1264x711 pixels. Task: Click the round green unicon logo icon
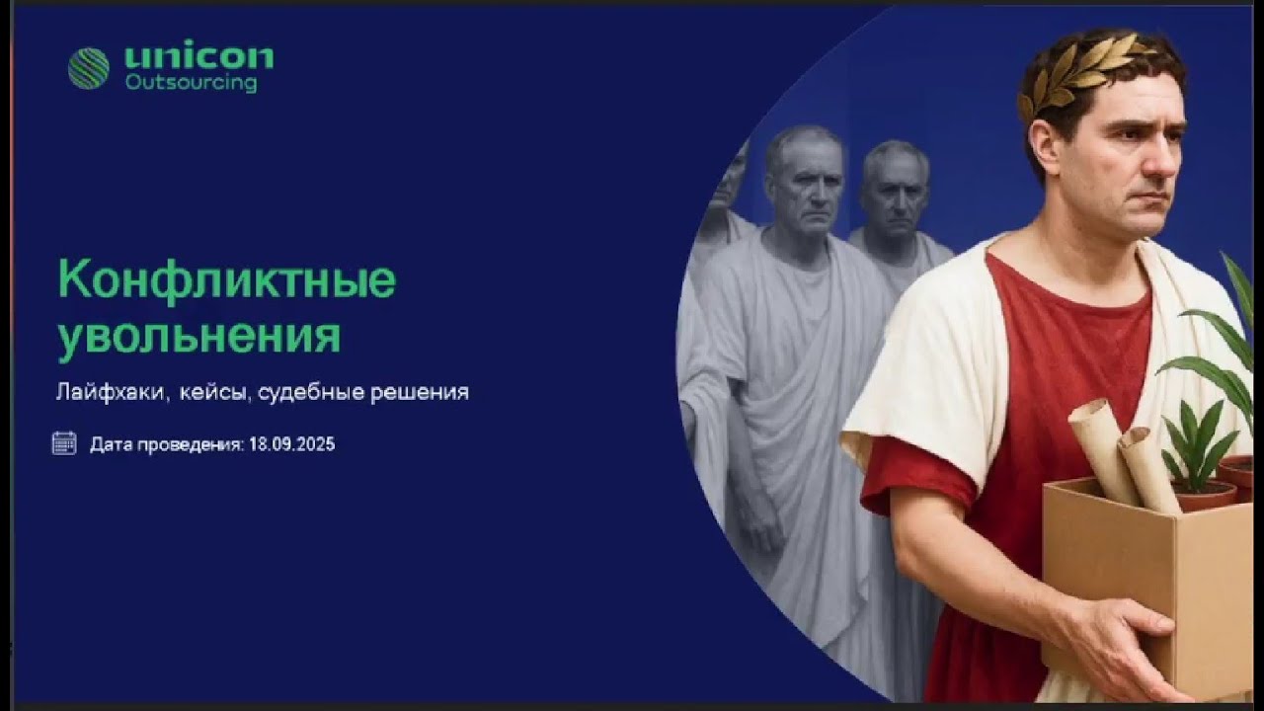[88, 68]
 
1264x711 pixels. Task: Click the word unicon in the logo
[198, 57]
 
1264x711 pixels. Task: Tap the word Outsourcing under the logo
[191, 84]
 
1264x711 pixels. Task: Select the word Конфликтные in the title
[227, 280]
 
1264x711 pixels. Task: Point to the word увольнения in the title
[199, 335]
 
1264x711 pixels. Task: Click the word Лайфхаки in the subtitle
[112, 392]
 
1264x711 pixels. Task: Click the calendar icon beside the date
[64, 443]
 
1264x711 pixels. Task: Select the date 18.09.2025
[291, 444]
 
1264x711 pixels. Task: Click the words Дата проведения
[166, 444]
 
